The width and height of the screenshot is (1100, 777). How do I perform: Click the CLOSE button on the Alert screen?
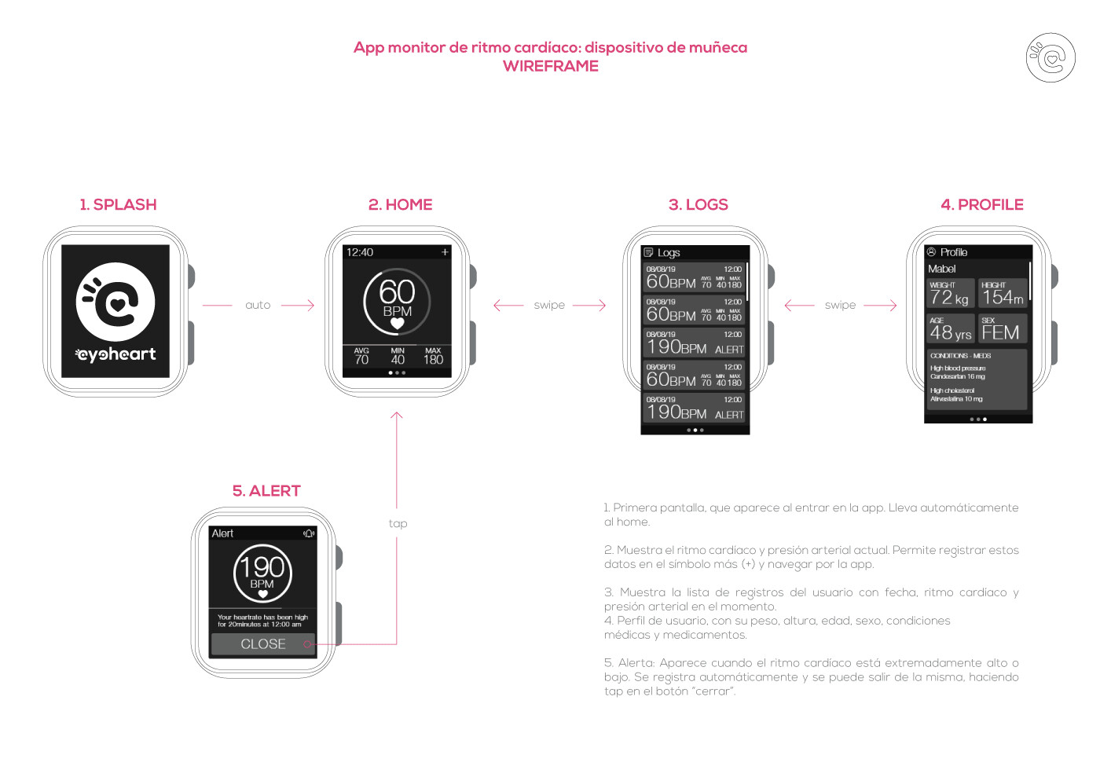(262, 644)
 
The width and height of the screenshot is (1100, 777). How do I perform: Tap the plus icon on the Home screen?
(445, 252)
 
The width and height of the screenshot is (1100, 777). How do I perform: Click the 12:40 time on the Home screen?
(360, 252)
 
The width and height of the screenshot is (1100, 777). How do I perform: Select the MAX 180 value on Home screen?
(433, 357)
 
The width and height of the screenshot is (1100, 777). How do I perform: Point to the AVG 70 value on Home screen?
(361, 357)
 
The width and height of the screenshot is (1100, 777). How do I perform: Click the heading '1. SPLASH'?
(118, 205)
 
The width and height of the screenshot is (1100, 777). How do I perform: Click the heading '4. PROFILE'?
(981, 205)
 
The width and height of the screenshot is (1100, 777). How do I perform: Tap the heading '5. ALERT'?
(266, 491)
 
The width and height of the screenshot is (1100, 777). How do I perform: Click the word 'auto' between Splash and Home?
(258, 306)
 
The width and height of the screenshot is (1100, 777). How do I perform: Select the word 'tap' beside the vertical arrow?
(398, 524)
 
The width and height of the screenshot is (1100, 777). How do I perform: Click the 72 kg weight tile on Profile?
(950, 294)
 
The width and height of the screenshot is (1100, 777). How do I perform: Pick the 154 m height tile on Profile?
(1003, 294)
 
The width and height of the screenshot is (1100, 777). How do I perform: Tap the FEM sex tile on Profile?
(1003, 329)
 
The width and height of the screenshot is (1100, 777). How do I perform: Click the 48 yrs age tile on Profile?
(950, 329)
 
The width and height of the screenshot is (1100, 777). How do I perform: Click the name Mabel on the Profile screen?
(941, 269)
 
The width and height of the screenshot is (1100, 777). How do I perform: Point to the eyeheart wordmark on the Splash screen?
(116, 354)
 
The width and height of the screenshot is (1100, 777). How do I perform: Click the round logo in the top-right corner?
(1050, 57)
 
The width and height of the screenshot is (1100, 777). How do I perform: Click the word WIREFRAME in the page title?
(550, 67)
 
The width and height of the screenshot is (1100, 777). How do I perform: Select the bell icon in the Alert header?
(309, 533)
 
